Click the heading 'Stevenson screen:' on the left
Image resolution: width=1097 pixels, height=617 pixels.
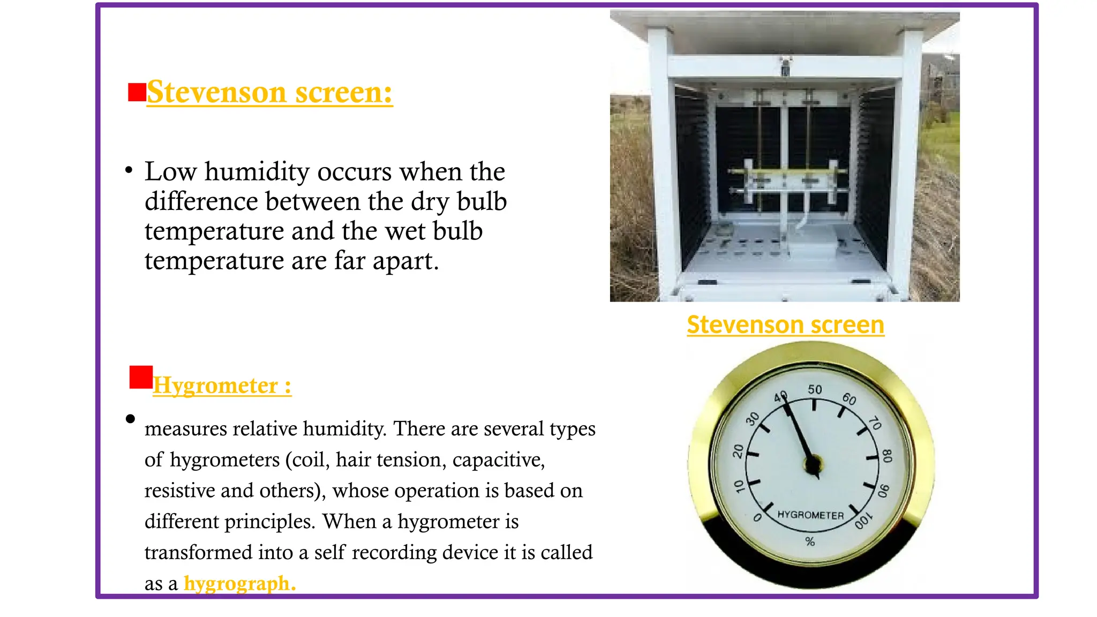pyautogui.click(x=269, y=93)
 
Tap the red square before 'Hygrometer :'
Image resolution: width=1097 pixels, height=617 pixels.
pyautogui.click(x=141, y=377)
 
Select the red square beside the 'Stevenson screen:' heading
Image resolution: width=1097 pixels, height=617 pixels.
pyautogui.click(x=137, y=92)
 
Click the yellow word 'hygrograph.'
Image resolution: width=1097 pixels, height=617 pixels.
pyautogui.click(x=239, y=583)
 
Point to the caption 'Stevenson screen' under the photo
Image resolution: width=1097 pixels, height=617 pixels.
pyautogui.click(x=785, y=325)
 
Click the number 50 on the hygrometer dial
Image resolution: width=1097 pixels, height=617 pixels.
pyautogui.click(x=815, y=389)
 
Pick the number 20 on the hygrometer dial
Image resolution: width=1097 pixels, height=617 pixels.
pyautogui.click(x=738, y=451)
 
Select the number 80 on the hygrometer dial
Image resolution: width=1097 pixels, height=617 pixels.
pyautogui.click(x=887, y=456)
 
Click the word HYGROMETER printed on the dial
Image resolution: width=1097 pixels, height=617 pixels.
pyautogui.click(x=810, y=515)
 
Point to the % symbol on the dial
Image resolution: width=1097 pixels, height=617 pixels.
pyautogui.click(x=810, y=542)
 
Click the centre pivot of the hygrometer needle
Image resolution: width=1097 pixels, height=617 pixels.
pyautogui.click(x=813, y=464)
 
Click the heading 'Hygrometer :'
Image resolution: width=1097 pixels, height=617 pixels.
pyautogui.click(x=222, y=386)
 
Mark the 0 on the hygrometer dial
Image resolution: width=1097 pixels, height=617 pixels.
pyautogui.click(x=757, y=517)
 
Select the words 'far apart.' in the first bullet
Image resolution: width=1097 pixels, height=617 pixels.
pyautogui.click(x=386, y=261)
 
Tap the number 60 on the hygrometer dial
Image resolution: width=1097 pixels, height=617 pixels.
pyautogui.click(x=849, y=399)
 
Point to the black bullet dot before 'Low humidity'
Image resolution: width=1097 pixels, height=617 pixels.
pyautogui.click(x=129, y=171)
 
